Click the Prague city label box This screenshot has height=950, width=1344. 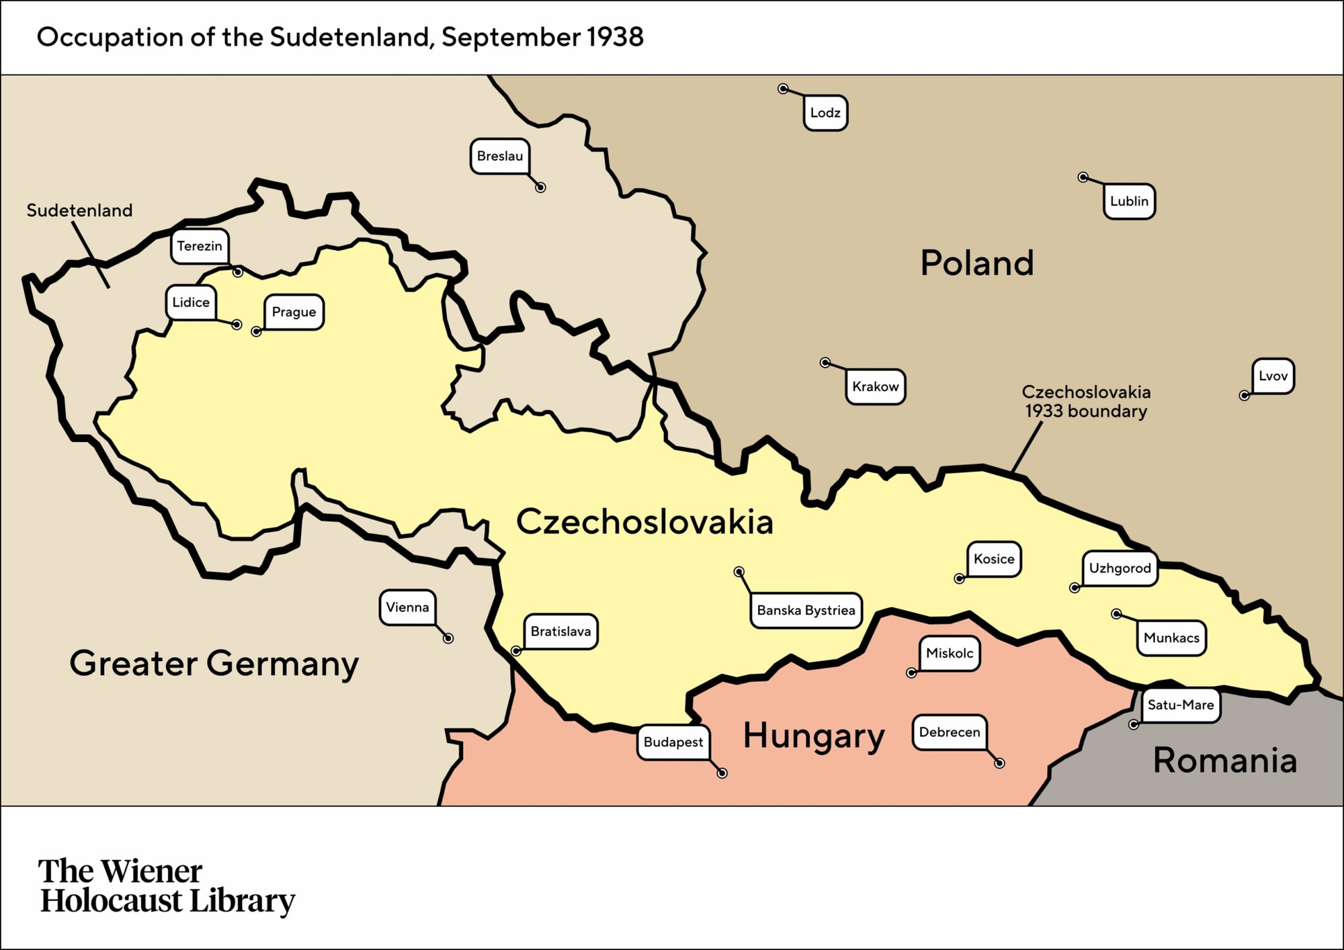tap(294, 312)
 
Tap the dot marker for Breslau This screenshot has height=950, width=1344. tap(540, 187)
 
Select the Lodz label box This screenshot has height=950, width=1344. tap(825, 113)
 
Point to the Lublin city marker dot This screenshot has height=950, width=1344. tap(1083, 177)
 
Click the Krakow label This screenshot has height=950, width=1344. tap(875, 386)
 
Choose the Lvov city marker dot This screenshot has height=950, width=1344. tap(1244, 396)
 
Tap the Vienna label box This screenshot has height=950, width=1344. tap(407, 607)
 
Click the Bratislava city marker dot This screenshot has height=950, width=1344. tap(516, 651)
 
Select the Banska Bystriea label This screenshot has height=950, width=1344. tap(806, 610)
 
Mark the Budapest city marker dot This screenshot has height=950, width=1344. tap(722, 773)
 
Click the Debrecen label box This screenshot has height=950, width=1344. tap(950, 732)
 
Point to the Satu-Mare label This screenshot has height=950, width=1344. tap(1181, 705)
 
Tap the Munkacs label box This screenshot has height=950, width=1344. tap(1171, 638)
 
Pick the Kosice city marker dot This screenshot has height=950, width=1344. tap(960, 578)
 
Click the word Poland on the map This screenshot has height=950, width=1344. tap(976, 263)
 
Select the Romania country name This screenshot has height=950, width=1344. tap(1224, 761)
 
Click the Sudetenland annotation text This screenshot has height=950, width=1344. tap(79, 210)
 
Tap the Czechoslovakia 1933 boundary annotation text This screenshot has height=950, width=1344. tap(1086, 401)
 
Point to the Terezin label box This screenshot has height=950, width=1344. tap(200, 246)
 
